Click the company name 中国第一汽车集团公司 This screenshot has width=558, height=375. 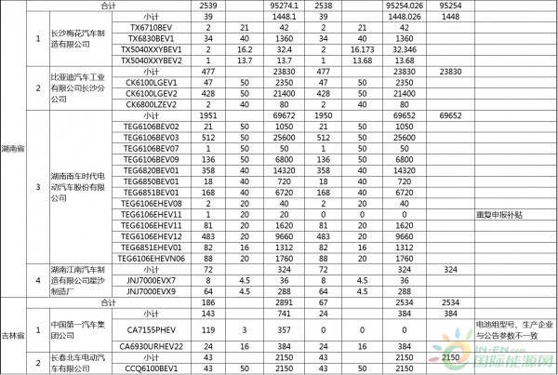tap(76, 329)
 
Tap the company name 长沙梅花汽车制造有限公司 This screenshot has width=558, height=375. tap(76, 40)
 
